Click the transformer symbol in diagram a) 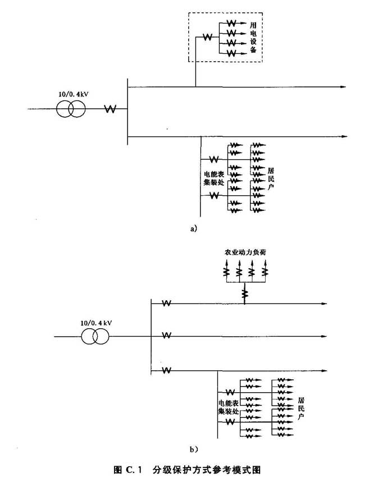coord(71,109)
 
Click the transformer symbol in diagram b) coord(95,337)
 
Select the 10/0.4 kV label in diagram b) coord(96,323)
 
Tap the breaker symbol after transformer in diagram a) coord(110,109)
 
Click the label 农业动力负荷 coord(245,253)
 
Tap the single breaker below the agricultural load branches coord(245,292)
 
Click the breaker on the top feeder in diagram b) coord(166,304)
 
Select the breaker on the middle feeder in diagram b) coord(166,335)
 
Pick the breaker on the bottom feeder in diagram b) coord(166,370)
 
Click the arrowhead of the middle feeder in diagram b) coord(325,336)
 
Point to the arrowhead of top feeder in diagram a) coord(342,87)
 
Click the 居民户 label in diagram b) coord(302,409)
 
